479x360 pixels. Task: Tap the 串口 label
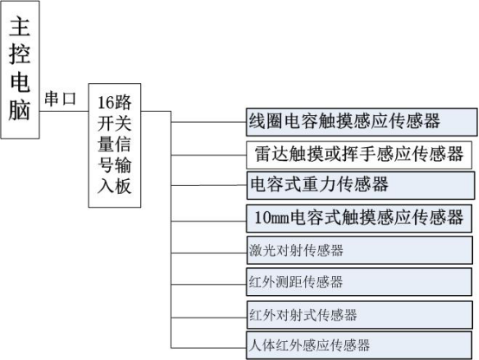point(61,99)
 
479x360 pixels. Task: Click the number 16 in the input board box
point(105,102)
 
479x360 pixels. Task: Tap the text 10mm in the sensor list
point(271,218)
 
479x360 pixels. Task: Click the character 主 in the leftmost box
point(20,27)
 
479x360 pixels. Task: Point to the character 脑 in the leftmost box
point(20,110)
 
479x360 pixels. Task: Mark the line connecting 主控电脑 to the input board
point(64,111)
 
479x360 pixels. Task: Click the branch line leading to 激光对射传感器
point(209,253)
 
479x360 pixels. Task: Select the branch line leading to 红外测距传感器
point(209,285)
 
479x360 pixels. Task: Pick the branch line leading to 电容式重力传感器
point(209,185)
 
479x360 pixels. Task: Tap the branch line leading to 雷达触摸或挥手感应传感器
point(209,155)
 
